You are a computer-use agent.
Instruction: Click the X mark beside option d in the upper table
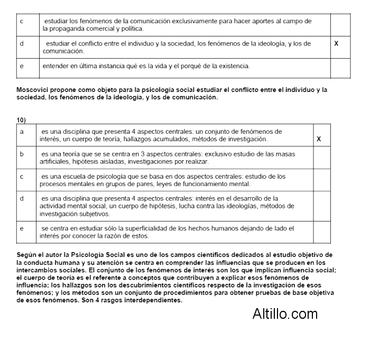pyautogui.click(x=336, y=43)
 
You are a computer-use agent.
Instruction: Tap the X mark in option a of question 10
pyautogui.click(x=319, y=139)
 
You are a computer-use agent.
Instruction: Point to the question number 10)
pyautogui.click(x=21, y=120)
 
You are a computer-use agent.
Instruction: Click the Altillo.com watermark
pyautogui.click(x=285, y=313)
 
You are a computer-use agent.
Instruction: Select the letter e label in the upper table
pyautogui.click(x=21, y=66)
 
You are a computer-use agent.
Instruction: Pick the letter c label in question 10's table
pyautogui.click(x=21, y=176)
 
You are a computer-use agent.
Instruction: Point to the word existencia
pyautogui.click(x=231, y=66)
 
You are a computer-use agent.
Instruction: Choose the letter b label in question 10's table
pyautogui.click(x=21, y=154)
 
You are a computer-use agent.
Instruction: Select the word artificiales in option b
pyautogui.click(x=55, y=161)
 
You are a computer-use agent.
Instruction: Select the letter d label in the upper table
pyautogui.click(x=21, y=44)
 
